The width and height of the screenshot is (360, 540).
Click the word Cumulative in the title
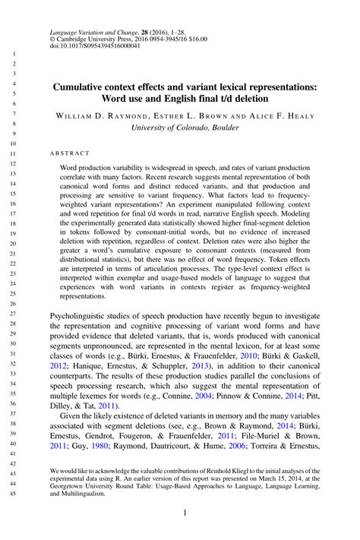[x=85, y=87]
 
